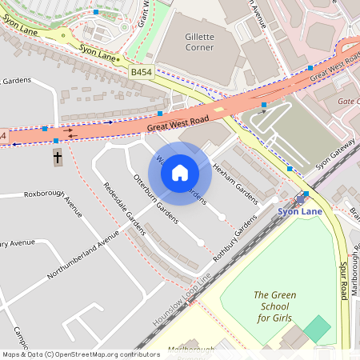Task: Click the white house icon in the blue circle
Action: tap(180, 173)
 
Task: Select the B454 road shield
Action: tap(142, 72)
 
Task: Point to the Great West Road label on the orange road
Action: tap(177, 123)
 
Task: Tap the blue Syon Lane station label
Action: tap(298, 211)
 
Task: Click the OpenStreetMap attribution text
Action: tap(81, 354)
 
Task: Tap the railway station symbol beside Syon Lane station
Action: tap(306, 194)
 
